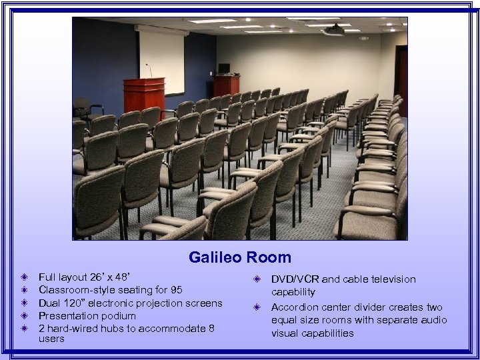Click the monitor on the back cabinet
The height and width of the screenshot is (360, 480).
(x=224, y=69)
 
